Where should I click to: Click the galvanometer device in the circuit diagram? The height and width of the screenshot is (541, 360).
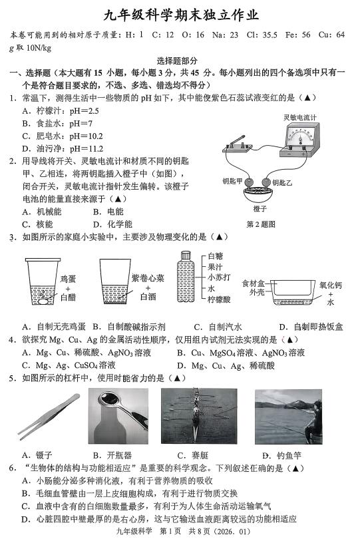pos(300,140)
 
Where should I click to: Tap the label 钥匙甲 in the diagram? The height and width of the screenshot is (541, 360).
pos(232,182)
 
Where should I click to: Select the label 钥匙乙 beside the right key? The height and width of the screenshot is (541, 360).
pos(282,183)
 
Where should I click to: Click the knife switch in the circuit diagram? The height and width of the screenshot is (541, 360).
pos(238,145)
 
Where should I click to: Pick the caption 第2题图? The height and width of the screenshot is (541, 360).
pos(261,225)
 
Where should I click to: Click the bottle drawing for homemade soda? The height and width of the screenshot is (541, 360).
pos(186,277)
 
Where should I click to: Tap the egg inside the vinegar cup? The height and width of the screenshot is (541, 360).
pos(43,301)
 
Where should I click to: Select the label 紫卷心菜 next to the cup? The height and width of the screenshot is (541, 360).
pos(148,278)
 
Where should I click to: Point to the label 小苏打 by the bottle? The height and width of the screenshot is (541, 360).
pos(219,277)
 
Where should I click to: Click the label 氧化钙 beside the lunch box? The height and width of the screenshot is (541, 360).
pos(330,285)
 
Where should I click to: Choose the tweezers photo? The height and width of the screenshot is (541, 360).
pos(49,417)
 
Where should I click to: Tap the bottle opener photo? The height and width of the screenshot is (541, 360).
pos(118,416)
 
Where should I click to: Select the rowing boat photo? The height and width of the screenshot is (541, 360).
pos(199,416)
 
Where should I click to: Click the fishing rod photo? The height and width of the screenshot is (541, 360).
pos(289,417)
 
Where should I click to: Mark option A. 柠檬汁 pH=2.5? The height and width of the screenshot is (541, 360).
pos(61,110)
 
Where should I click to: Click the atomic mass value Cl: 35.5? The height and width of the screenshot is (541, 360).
pos(262,35)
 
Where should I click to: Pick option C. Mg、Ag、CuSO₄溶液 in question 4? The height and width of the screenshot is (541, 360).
pos(69,365)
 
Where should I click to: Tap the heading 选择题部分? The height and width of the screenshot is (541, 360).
pos(177,61)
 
